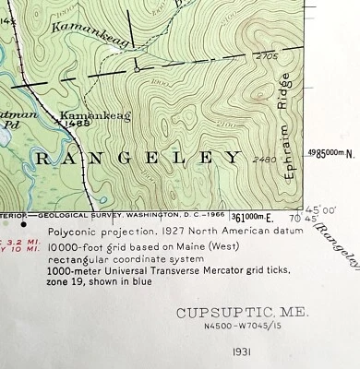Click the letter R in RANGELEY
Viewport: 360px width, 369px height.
coord(42,159)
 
